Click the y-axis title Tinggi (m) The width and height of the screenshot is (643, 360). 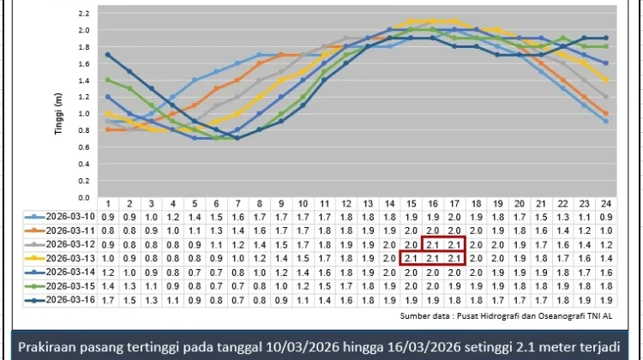(x=58, y=114)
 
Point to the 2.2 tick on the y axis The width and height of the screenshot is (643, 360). (x=84, y=14)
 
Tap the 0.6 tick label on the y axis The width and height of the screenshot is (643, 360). (x=84, y=147)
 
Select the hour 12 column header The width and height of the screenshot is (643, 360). (x=346, y=204)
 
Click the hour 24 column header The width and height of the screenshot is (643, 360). (x=606, y=204)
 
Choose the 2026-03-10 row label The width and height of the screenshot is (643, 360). (x=70, y=217)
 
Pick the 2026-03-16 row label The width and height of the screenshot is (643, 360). (x=70, y=300)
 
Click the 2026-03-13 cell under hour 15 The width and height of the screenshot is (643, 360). (x=411, y=259)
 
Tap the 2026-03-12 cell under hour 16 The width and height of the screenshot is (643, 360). (x=433, y=245)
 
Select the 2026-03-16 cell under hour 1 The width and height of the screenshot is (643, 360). (x=108, y=301)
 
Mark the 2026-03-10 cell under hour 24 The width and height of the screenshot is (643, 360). (x=606, y=218)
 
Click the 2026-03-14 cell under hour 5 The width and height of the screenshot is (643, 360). (x=195, y=273)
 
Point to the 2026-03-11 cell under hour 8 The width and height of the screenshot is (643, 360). (x=260, y=231)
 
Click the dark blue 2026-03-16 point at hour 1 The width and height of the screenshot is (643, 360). (x=108, y=55)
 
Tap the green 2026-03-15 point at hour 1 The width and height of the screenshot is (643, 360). (x=108, y=80)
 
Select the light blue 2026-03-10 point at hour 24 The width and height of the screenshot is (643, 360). (x=606, y=122)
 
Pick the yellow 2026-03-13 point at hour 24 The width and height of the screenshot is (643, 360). (x=606, y=80)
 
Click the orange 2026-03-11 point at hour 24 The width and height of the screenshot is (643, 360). (x=606, y=114)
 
